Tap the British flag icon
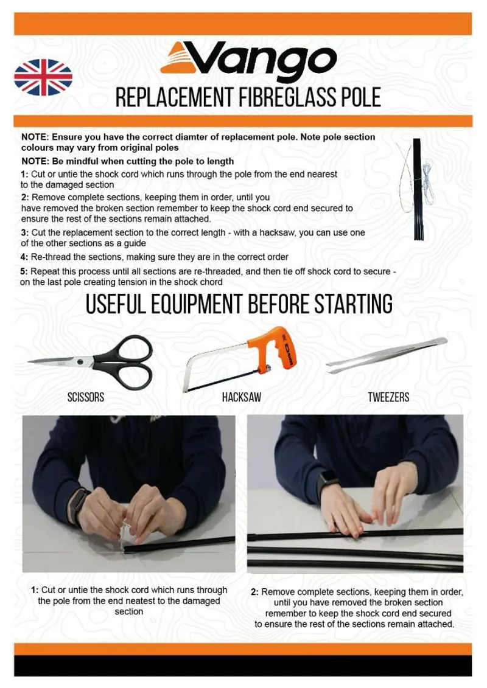click(43, 77)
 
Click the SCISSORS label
click(86, 397)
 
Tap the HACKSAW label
click(242, 397)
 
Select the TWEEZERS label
click(388, 397)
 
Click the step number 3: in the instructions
click(24, 233)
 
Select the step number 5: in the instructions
click(24, 271)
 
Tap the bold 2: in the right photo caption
click(256, 592)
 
